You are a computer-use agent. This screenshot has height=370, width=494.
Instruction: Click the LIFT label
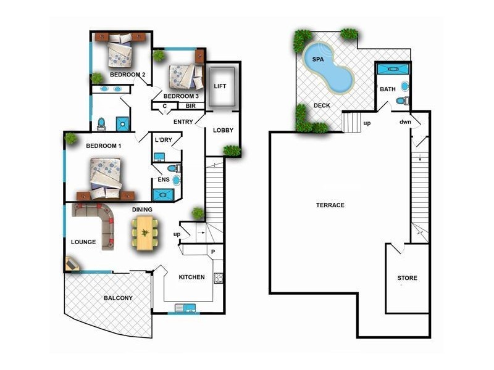(220, 86)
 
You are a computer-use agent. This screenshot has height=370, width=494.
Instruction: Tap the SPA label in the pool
(318, 60)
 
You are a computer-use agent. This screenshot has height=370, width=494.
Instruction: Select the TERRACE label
(330, 205)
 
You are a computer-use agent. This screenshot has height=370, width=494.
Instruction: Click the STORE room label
(407, 278)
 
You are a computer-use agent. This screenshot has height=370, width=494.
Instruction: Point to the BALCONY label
(118, 298)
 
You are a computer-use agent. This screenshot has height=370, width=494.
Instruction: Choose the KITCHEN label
(191, 277)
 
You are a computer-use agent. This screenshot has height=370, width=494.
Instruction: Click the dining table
(144, 233)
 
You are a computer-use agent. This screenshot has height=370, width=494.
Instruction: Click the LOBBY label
(223, 131)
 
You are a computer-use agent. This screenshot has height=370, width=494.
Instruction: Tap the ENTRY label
(183, 121)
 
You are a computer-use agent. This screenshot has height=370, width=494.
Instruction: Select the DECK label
(322, 105)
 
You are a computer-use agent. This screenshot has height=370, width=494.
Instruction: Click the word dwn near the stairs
(405, 122)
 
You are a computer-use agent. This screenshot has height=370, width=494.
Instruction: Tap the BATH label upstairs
(388, 89)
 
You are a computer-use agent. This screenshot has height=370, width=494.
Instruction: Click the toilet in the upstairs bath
(401, 101)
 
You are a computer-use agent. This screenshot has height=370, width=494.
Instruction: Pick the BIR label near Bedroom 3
(183, 106)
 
